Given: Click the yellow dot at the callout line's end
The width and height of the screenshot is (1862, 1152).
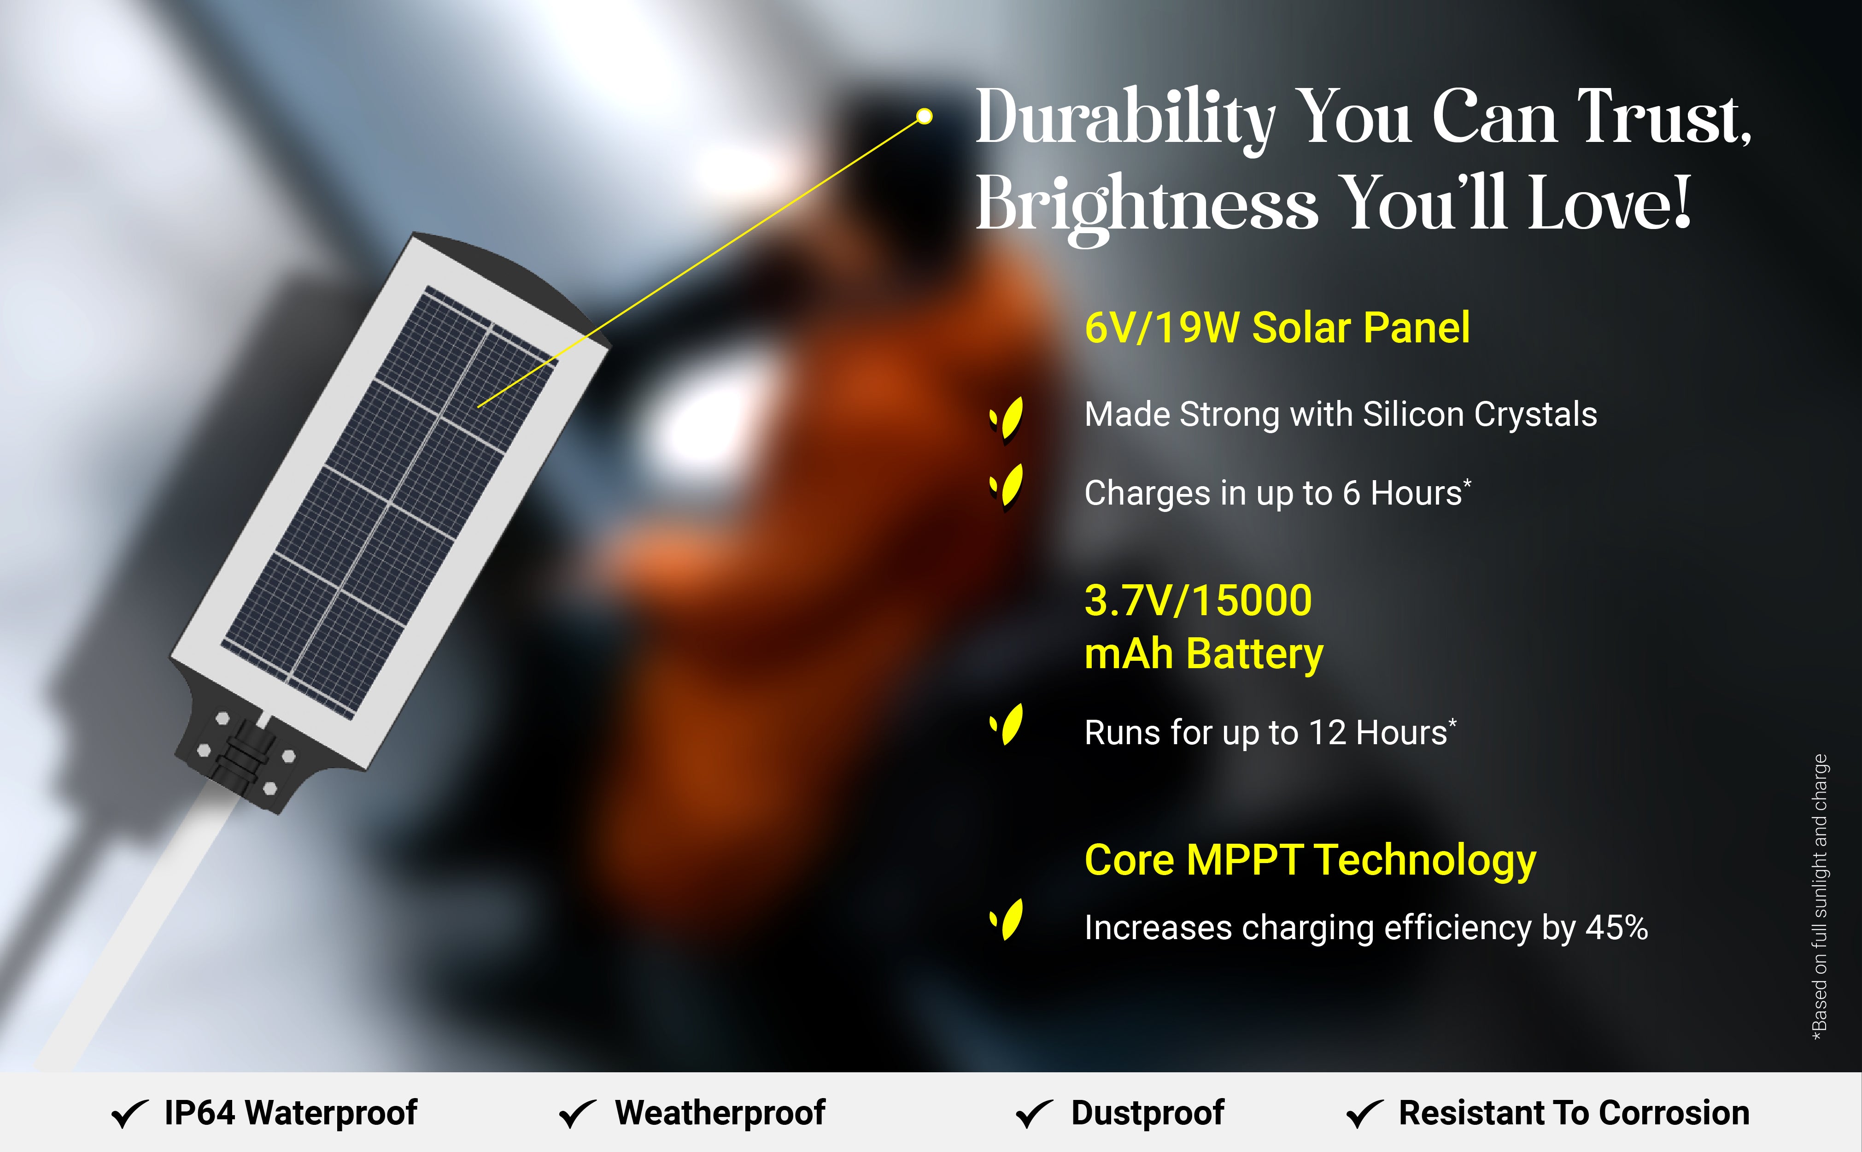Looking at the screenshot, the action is pos(924,116).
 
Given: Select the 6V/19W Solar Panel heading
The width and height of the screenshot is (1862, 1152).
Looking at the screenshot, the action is pos(1277,328).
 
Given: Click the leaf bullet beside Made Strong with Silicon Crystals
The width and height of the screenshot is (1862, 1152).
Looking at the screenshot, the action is pos(1006,419).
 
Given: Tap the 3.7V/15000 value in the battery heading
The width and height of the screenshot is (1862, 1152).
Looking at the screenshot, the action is pos(1198,600).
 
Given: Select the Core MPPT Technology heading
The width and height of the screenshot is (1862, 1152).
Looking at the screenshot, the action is pos(1310,860).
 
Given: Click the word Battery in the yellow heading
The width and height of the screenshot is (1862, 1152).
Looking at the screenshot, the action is pos(1255,654).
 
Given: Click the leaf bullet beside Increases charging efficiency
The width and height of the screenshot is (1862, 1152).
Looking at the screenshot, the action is pos(1006,920).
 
